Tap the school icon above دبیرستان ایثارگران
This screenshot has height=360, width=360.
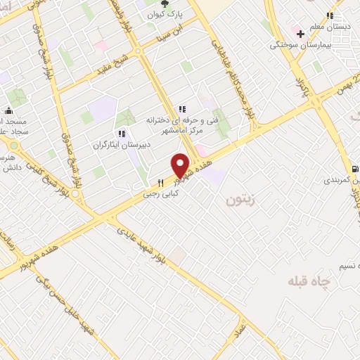122,134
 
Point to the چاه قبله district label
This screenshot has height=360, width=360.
308,280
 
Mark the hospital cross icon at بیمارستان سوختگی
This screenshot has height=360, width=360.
300,34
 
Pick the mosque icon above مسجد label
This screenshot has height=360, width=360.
8,111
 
